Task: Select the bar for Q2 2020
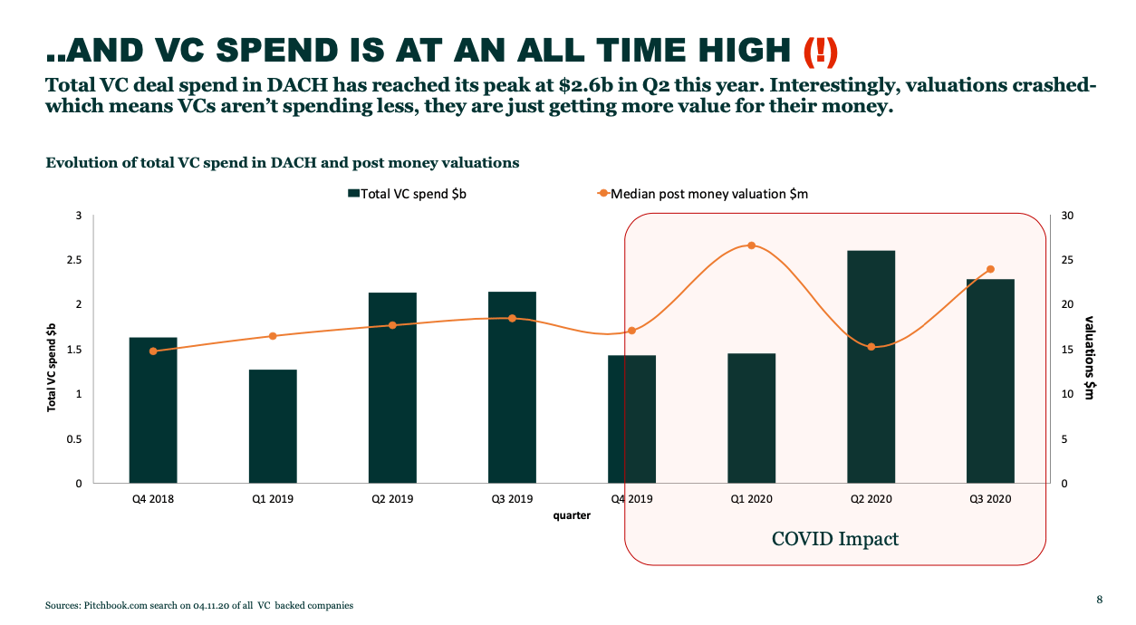pos(871,367)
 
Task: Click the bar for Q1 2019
pos(273,427)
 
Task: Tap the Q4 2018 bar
pos(153,410)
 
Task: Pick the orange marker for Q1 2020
pos(752,245)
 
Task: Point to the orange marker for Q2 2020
pos(871,347)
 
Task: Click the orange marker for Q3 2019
pos(512,318)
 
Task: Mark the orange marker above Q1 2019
pos(273,336)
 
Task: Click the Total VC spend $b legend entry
pos(407,194)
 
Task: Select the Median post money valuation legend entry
pos(702,194)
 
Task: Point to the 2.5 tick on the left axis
pos(74,260)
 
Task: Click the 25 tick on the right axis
pos(1067,260)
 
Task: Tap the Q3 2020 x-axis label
pos(990,499)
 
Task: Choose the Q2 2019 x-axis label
pos(392,499)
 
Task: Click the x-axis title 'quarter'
pos(572,515)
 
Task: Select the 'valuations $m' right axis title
pos(1089,358)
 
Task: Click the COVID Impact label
pos(834,538)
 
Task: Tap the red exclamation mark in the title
pos(821,52)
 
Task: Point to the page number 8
pos(1100,600)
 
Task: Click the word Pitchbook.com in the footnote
pos(115,605)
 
